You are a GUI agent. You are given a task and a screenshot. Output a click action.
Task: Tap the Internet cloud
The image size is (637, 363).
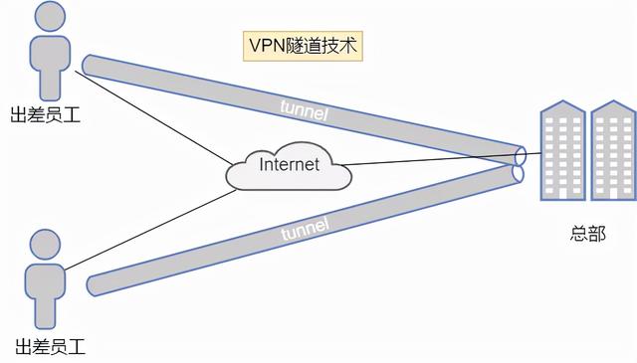[289, 166]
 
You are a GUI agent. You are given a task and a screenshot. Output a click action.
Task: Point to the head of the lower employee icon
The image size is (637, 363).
[46, 244]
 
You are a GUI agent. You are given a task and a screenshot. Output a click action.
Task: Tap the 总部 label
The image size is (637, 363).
[588, 234]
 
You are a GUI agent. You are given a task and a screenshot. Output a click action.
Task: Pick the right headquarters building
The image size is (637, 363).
[611, 154]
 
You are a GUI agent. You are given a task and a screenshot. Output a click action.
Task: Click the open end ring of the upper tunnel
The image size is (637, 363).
[521, 155]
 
